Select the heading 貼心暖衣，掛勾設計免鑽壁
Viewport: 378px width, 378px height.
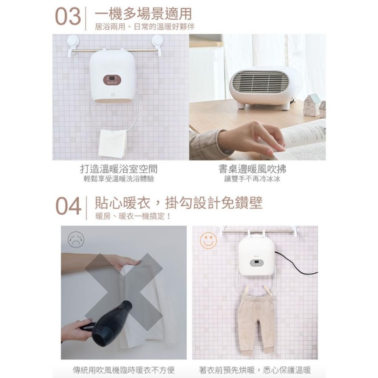pyautogui.click(x=178, y=203)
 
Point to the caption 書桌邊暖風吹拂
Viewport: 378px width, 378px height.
pyautogui.click(x=253, y=169)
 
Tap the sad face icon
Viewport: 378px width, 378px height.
pyautogui.click(x=76, y=239)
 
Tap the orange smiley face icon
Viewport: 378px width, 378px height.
pyautogui.click(x=208, y=240)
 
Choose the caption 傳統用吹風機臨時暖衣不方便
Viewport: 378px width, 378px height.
pyautogui.click(x=124, y=370)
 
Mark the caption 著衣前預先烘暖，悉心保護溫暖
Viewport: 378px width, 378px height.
pyautogui.click(x=255, y=370)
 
